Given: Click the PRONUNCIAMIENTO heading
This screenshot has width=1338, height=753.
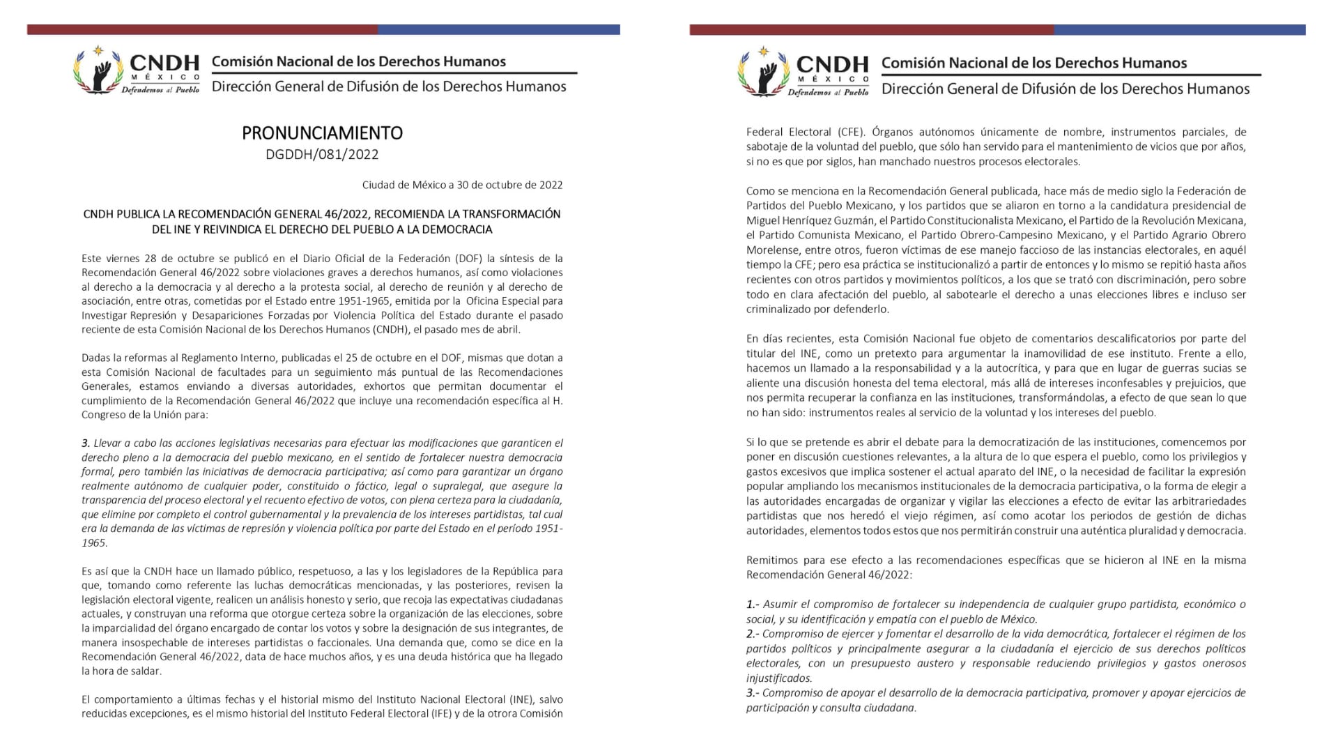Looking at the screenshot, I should coord(322,132).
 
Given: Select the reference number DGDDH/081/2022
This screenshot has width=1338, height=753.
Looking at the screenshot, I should coord(322,154).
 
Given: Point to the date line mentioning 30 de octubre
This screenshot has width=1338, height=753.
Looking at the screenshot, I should coord(462,185).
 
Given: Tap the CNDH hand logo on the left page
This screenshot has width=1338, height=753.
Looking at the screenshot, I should coord(99,71).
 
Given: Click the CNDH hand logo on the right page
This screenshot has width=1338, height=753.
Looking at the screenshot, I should coord(764,73).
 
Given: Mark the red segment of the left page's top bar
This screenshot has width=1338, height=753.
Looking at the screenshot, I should coord(202,29).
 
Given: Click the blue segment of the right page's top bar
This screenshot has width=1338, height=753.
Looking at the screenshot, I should coord(1179,30).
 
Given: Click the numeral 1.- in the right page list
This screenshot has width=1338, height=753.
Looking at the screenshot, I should coord(753,604).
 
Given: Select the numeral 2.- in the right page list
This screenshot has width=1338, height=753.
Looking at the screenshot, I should coord(753,634).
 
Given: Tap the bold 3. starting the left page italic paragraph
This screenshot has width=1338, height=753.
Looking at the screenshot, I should coord(86,443).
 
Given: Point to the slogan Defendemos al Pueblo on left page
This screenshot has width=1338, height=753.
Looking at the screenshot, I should coord(160,90).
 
